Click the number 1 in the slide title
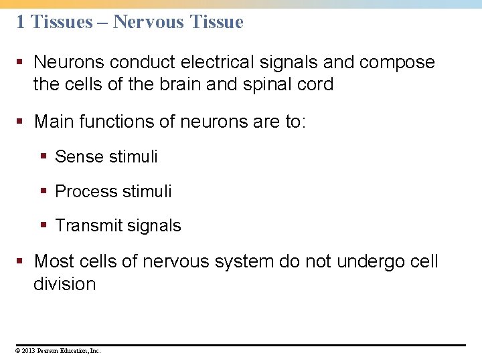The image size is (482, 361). click(20, 22)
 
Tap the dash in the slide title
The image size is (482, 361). click(103, 22)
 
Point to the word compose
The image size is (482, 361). click(397, 63)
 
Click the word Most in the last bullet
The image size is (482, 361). click(54, 261)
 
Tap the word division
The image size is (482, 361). click(64, 283)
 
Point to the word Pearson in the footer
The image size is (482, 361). click(49, 350)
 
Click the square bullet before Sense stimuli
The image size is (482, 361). click(44, 156)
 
